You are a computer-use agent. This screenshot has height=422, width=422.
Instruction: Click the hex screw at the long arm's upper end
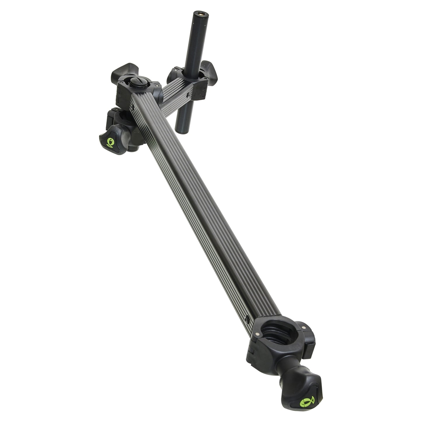coord(133,109)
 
